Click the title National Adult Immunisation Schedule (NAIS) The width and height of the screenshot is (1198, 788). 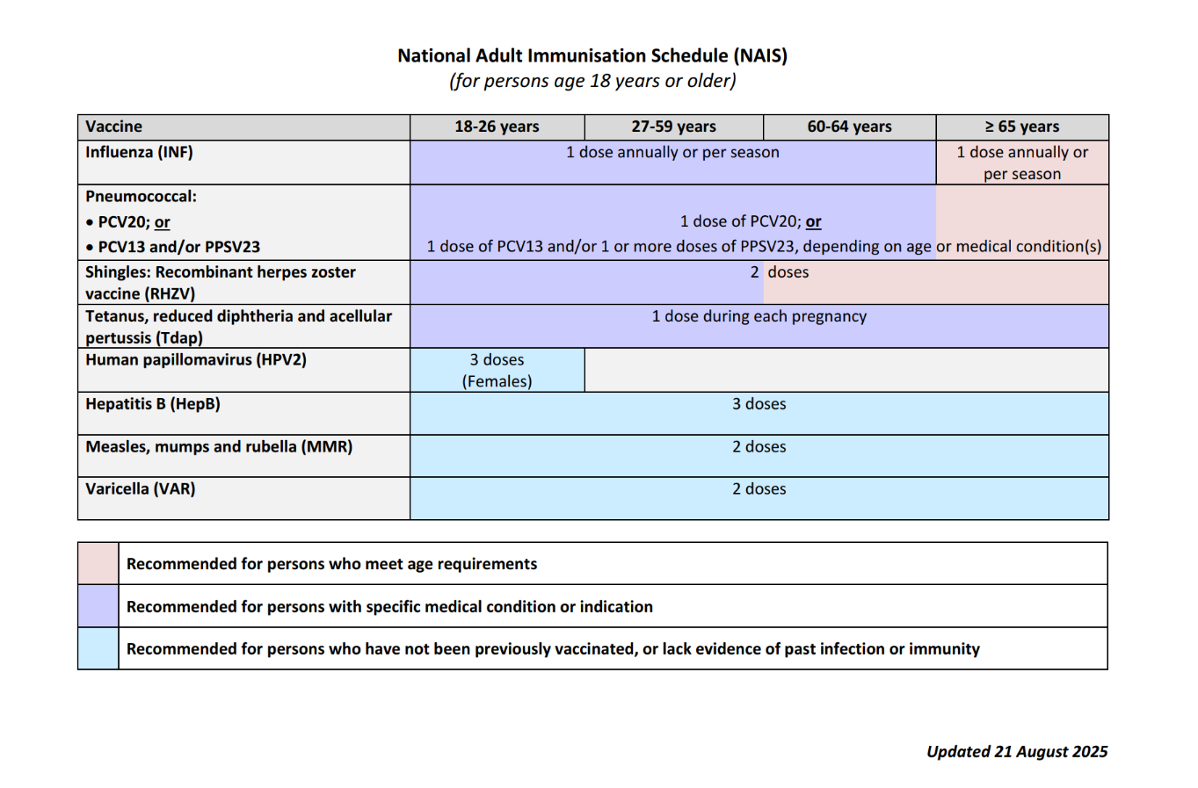click(x=592, y=56)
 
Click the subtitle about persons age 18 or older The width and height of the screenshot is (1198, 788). click(x=592, y=81)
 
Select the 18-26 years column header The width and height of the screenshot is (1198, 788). click(x=497, y=127)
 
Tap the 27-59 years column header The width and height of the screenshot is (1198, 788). click(x=673, y=127)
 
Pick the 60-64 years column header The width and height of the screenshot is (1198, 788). click(x=849, y=127)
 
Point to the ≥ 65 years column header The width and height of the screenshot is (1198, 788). click(x=1021, y=127)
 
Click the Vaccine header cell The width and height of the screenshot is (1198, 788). click(x=114, y=127)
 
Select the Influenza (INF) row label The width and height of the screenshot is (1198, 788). click(x=139, y=152)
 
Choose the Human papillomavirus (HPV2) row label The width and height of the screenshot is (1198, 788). click(x=196, y=359)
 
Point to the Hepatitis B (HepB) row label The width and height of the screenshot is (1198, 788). click(x=153, y=404)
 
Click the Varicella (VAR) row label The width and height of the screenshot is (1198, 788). click(x=141, y=488)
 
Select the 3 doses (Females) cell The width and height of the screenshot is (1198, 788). click(x=497, y=370)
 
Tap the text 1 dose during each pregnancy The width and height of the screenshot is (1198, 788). click(x=759, y=316)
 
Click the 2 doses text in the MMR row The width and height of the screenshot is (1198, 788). click(x=759, y=446)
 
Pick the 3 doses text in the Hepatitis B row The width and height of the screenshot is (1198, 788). click(x=759, y=404)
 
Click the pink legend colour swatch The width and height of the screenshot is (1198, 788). click(x=98, y=563)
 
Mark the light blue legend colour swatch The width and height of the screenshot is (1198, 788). click(x=98, y=648)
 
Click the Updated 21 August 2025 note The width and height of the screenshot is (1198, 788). click(x=1017, y=751)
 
